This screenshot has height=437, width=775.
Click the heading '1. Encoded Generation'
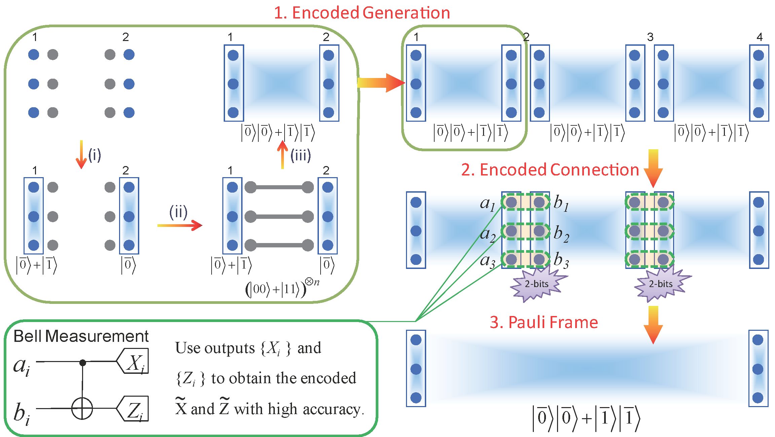pos(362,13)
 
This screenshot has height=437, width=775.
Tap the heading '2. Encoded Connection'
pos(550,170)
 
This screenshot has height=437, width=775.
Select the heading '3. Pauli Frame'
pos(544,322)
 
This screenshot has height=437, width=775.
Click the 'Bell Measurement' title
pos(81,336)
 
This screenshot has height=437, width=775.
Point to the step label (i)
pos(95,155)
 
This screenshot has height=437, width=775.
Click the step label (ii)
pos(178,212)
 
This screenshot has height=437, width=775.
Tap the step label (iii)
pos(301,155)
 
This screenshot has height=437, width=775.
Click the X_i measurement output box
pos(133,361)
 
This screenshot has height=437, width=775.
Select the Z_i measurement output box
pos(133,408)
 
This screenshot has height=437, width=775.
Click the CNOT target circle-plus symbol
pos(82,408)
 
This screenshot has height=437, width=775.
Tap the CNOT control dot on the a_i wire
pos(83,362)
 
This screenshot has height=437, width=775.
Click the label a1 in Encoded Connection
pos(487,204)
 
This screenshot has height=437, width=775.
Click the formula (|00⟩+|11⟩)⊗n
pos(282,288)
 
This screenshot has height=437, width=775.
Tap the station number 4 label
pos(760,37)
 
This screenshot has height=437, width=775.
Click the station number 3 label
pos(650,37)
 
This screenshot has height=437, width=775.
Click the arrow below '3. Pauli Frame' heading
pos(653,325)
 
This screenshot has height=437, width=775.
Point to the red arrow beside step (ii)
pos(180,225)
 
